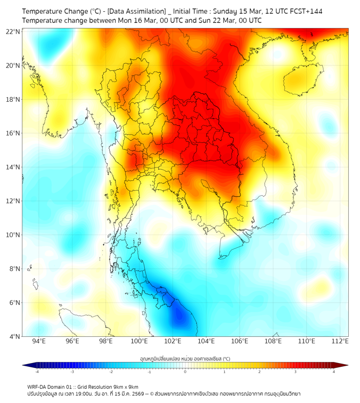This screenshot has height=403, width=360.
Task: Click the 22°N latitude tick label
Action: click(x=13, y=31)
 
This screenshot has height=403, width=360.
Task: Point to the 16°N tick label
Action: click(x=13, y=133)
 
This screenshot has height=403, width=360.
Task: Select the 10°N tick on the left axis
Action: click(x=13, y=235)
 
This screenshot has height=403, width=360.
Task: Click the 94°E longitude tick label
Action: click(x=39, y=341)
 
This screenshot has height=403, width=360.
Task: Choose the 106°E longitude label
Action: click(x=240, y=341)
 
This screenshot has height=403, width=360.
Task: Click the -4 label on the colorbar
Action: click(x=36, y=372)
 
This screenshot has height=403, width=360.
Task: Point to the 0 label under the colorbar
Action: click(x=185, y=372)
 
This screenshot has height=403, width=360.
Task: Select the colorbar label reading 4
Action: click(x=334, y=372)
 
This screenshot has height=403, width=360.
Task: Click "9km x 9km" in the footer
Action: click(x=126, y=386)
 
